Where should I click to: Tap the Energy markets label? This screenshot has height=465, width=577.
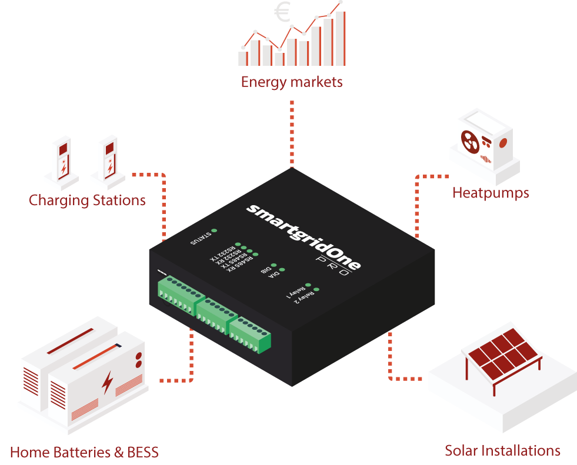click(x=291, y=82)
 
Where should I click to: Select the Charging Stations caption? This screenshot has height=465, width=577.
click(x=87, y=200)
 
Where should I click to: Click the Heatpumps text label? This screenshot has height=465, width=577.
click(x=491, y=193)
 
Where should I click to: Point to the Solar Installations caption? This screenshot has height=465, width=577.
click(x=502, y=451)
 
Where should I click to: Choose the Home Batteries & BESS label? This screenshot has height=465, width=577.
click(x=84, y=453)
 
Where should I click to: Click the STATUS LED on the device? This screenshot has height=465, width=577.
click(x=214, y=231)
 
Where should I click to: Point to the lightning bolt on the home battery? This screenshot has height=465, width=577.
click(x=107, y=382)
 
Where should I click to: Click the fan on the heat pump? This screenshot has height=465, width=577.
click(x=468, y=140)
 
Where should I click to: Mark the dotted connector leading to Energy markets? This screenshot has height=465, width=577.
click(x=292, y=132)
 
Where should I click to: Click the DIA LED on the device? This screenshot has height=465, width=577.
click(x=282, y=270)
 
